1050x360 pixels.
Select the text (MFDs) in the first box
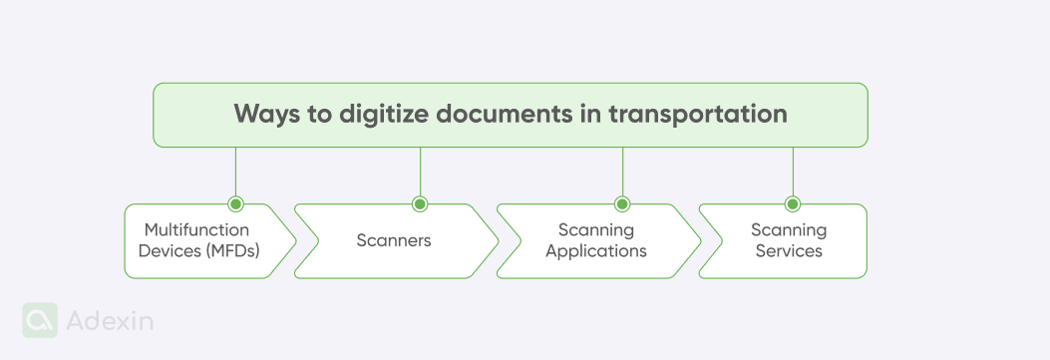tap(234, 251)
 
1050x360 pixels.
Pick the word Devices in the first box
tap(170, 251)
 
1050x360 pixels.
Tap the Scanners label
tap(394, 240)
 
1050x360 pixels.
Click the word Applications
tap(596, 251)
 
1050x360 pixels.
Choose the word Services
tap(789, 251)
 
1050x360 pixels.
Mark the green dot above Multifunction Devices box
tap(235, 204)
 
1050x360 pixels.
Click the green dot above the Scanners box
tap(420, 204)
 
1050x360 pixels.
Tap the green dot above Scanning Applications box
tap(622, 204)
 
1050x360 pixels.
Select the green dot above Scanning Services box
tap(793, 204)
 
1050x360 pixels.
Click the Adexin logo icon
tap(40, 320)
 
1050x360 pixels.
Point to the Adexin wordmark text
tap(110, 321)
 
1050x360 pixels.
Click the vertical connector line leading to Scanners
tap(420, 172)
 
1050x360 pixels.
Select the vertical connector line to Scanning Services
tap(793, 172)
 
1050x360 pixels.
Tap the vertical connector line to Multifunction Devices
tap(235, 172)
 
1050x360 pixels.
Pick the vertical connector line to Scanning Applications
tap(622, 172)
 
